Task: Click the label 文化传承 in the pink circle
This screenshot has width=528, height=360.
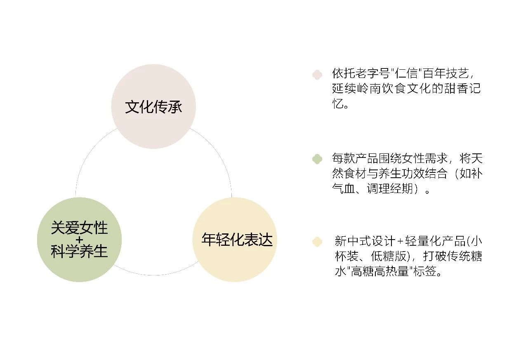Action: pos(153,107)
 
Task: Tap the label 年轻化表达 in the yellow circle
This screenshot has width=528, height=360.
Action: pos(237,240)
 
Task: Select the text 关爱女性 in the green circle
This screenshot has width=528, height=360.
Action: pos(79,228)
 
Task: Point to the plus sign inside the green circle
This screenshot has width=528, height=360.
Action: pos(79,240)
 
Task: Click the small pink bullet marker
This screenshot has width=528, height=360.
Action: pos(317,74)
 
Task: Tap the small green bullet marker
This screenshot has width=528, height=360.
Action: pos(317,159)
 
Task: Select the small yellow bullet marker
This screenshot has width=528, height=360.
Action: pos(317,242)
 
